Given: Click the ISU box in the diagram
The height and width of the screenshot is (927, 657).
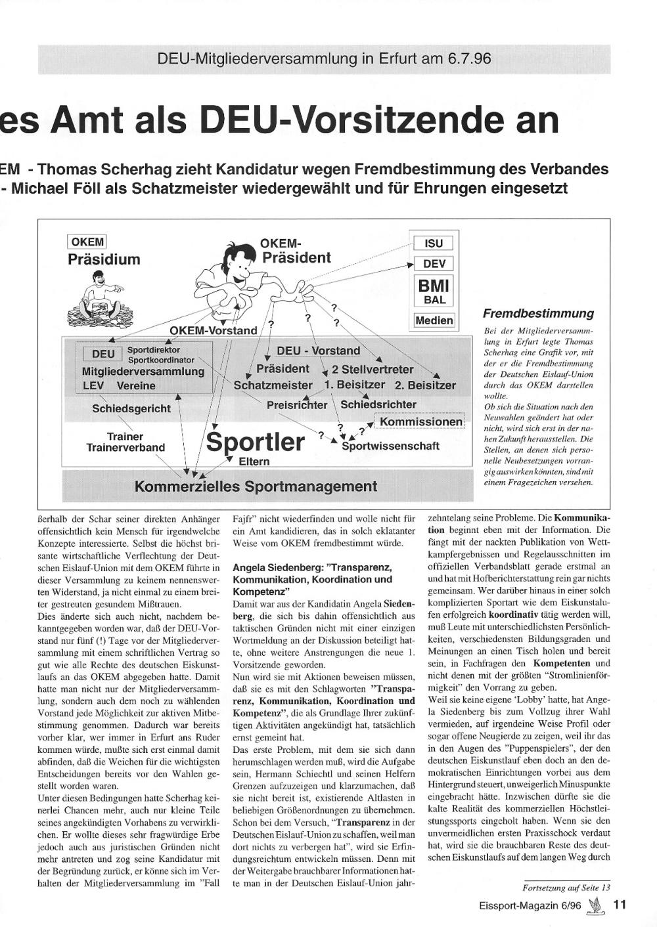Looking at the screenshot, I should coord(434,243).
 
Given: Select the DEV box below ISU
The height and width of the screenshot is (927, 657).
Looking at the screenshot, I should coord(434,264).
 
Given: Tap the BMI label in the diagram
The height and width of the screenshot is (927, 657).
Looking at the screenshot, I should coord(434,286).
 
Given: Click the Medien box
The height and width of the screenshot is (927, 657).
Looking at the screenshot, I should coord(434,320).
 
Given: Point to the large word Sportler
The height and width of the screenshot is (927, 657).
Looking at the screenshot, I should coord(256,442).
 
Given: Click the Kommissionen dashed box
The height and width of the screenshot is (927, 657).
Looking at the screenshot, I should coord(420,421).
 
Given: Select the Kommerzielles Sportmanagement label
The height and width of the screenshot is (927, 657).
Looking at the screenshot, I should coord(256,486).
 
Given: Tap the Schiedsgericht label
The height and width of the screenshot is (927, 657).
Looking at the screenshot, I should coord(131,408).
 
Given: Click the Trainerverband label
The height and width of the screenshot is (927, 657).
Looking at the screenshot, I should coord(125,448).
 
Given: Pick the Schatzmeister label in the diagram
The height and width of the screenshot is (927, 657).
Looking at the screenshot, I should coord(273,385).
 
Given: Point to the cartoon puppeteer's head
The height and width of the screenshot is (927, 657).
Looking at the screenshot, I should coord(238,259).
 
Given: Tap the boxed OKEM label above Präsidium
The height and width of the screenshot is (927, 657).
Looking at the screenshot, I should coord(87,242).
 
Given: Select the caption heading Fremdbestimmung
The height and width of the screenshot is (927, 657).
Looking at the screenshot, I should coord(538,313).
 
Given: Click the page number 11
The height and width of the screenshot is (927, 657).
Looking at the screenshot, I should coord(620,904).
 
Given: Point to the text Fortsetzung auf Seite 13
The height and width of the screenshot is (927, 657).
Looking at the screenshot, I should coord(566,888).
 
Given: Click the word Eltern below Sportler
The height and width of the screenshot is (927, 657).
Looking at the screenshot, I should coord(254,462).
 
